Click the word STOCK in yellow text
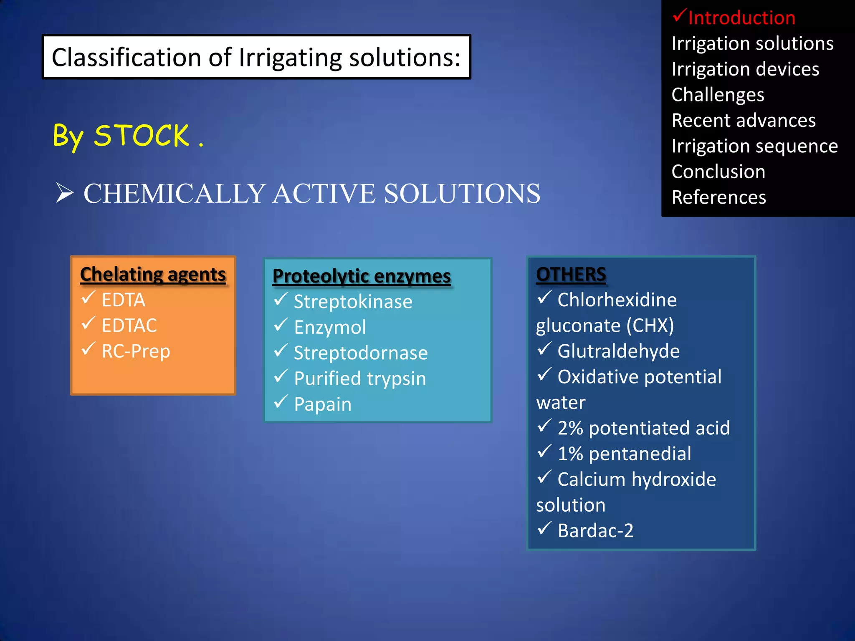(142, 136)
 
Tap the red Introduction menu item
(741, 18)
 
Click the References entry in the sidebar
(718, 197)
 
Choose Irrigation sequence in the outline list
(754, 146)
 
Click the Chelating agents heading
(153, 275)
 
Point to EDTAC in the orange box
(129, 326)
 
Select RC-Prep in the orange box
(136, 351)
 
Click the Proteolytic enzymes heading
(362, 276)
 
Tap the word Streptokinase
(353, 302)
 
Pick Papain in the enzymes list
(323, 404)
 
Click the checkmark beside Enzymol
(281, 325)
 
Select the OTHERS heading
(571, 275)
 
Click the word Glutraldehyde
(618, 351)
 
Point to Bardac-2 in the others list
(595, 531)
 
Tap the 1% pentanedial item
(624, 454)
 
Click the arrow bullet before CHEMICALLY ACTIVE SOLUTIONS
(65, 193)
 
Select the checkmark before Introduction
(679, 16)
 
